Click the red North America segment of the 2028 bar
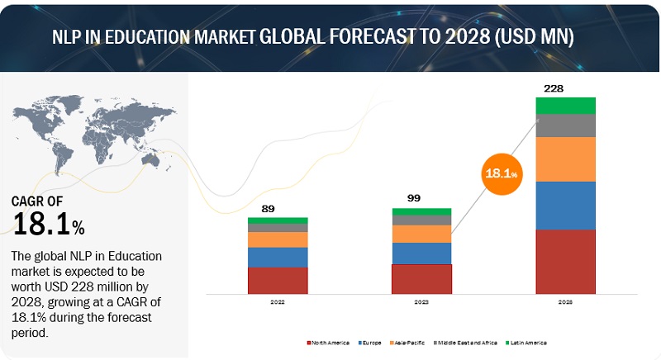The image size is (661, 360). pyautogui.click(x=565, y=261)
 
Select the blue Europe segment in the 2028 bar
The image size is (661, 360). pyautogui.click(x=565, y=205)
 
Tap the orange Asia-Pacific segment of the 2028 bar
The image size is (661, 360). pyautogui.click(x=565, y=159)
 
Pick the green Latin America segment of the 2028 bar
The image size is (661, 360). pyautogui.click(x=565, y=105)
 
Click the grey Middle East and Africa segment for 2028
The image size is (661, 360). pyautogui.click(x=565, y=125)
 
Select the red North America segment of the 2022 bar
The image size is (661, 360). pyautogui.click(x=278, y=280)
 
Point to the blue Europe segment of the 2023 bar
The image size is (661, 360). pyautogui.click(x=421, y=253)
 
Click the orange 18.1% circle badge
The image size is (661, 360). pyautogui.click(x=502, y=173)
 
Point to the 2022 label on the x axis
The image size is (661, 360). pyautogui.click(x=278, y=303)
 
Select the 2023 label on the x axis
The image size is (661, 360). pyautogui.click(x=421, y=303)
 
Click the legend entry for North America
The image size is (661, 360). pyautogui.click(x=330, y=342)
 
